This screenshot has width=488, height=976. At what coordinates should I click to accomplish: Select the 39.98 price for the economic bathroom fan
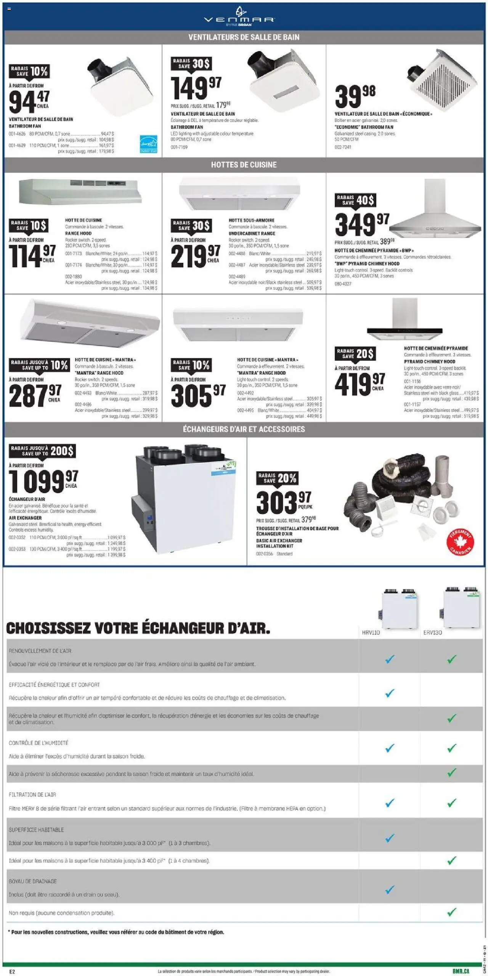tap(355, 96)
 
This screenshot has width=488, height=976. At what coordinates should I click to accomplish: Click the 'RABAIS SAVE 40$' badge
tap(355, 200)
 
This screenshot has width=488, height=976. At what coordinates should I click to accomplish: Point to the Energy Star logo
tap(149, 145)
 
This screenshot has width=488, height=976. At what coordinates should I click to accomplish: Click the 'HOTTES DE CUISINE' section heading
tap(244, 165)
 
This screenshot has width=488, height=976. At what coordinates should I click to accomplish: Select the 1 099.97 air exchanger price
tap(43, 482)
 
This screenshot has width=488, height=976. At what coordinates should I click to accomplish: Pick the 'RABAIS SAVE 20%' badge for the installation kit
tap(278, 478)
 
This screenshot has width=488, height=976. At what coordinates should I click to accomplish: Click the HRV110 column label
tap(371, 632)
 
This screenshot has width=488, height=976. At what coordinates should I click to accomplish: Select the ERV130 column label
tap(432, 632)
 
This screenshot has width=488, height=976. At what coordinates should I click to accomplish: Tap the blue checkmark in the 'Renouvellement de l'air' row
tap(389, 659)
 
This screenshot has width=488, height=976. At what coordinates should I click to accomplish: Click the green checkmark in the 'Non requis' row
tap(452, 912)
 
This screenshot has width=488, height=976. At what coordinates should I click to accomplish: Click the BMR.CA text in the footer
tap(461, 968)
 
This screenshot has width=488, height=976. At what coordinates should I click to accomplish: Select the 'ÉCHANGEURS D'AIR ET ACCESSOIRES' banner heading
tap(244, 429)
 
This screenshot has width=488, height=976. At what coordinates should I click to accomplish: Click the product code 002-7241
tap(343, 147)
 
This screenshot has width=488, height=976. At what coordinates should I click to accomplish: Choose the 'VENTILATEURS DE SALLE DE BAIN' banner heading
tap(244, 37)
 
